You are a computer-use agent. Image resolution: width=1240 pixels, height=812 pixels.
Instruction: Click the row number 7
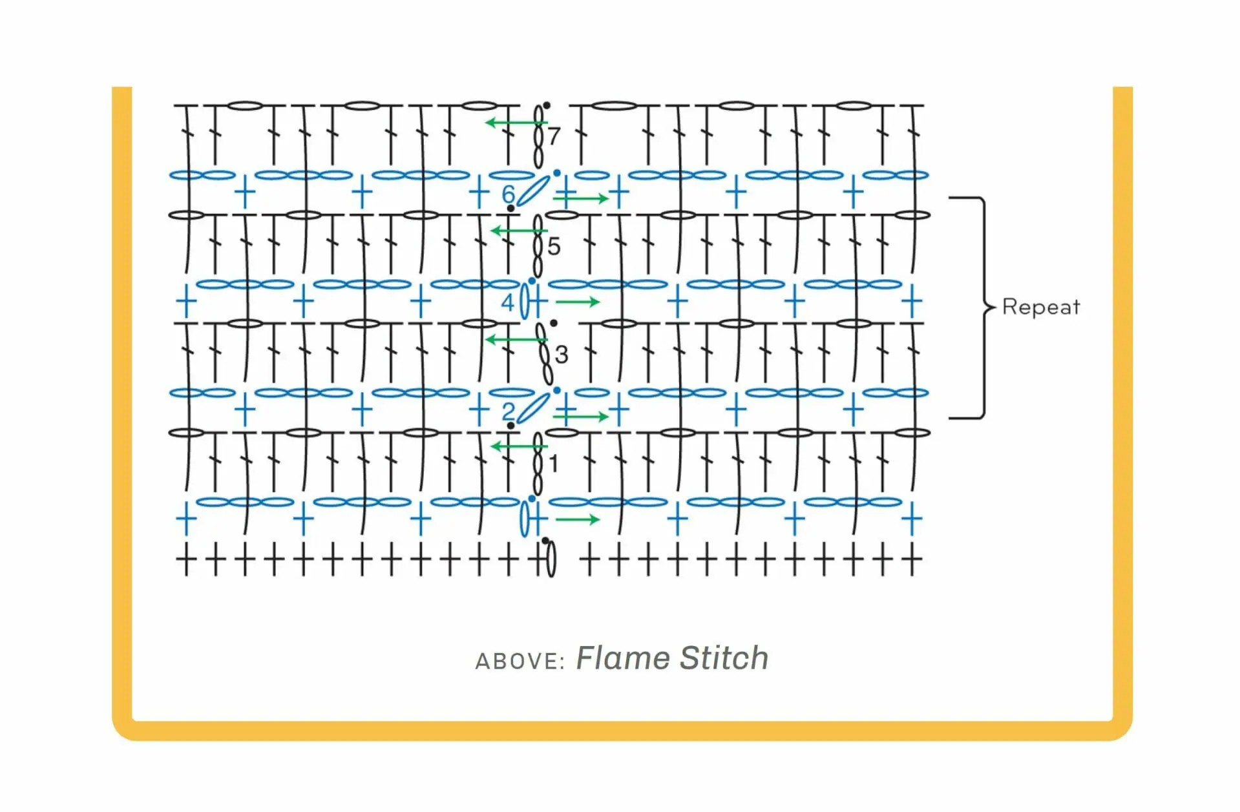pos(554,136)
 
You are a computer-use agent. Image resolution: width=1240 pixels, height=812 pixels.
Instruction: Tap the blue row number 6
pos(509,194)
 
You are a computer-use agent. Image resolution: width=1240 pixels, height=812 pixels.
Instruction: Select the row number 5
pos(554,246)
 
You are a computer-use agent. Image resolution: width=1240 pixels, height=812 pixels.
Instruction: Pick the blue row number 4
pos(508,302)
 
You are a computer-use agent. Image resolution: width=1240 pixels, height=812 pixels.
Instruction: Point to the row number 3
pos(562,354)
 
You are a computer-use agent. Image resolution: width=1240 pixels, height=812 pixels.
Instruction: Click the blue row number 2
pos(509,411)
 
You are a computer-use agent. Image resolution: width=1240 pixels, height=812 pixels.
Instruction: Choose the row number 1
pos(553,464)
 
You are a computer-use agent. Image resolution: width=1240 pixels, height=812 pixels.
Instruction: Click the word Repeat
pos(1040,307)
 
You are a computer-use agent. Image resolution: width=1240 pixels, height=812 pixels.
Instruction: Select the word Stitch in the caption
pos(724,658)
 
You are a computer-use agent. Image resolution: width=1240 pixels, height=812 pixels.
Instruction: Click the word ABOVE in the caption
pos(520,661)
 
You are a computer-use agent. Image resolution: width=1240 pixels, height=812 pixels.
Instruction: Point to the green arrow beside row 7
pos(516,122)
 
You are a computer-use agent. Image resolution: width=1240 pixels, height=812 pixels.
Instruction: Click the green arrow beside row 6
pos(581,198)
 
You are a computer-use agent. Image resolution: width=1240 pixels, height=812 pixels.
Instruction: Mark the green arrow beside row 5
pos(520,230)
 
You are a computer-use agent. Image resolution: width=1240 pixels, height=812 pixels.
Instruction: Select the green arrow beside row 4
pos(578,302)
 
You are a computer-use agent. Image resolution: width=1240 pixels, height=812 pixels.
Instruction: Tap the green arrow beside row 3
pos(516,339)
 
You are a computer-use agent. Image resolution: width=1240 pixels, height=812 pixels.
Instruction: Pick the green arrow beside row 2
pos(581,417)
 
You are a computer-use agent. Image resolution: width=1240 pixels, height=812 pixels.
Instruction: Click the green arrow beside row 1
pos(520,446)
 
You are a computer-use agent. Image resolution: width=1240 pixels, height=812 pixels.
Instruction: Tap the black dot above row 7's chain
pos(547,105)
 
